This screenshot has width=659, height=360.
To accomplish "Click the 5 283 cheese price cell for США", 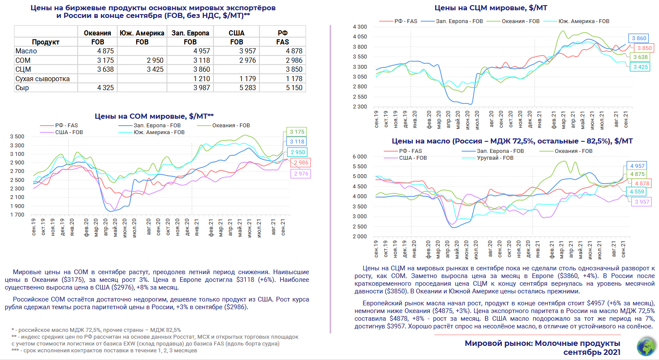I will click(248, 88).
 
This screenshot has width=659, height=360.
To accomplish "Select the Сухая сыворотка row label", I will click(43, 79).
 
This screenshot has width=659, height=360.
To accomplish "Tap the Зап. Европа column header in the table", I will click(190, 33).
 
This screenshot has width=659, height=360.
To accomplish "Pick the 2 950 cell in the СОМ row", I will click(155, 60).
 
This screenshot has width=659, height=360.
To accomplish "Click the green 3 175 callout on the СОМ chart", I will click(297, 132).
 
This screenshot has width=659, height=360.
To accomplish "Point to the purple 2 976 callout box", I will click(301, 173).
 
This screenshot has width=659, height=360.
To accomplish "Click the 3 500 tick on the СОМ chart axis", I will click(17, 137).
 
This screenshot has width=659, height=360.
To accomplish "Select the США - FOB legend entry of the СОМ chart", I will click(69, 132).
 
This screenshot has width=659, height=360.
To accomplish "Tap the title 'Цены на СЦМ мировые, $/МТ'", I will click(491, 8).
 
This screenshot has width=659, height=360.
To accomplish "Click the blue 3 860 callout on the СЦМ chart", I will click(639, 38).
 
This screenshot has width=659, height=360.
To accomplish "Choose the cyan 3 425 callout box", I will click(640, 67).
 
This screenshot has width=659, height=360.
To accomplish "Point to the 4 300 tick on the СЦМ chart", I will click(360, 27).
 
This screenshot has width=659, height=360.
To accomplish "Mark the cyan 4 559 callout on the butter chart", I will click(637, 192).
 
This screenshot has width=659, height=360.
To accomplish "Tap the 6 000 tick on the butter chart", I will click(360, 157).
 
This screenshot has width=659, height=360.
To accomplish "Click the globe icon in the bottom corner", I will click(646, 347).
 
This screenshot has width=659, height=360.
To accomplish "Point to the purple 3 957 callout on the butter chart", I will click(642, 202).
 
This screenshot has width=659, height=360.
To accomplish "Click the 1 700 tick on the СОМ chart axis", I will click(17, 215).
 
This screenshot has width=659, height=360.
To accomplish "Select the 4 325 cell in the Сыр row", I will click(105, 88).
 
